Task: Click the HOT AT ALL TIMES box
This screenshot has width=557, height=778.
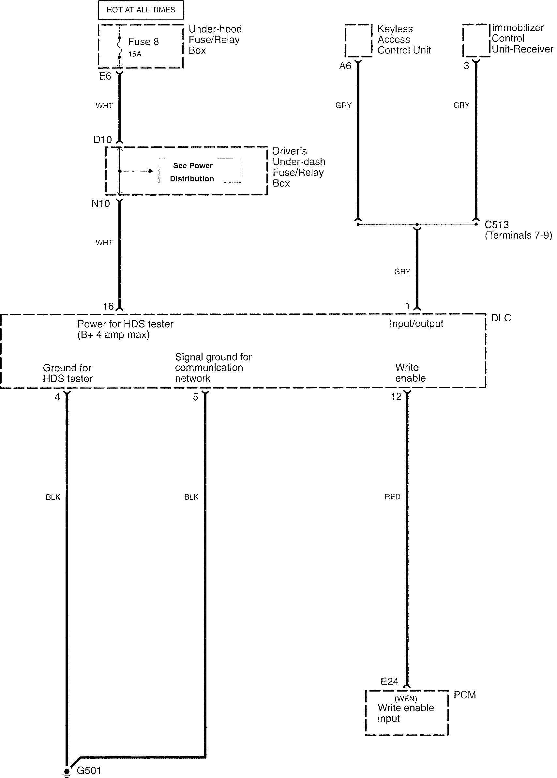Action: pyautogui.click(x=141, y=9)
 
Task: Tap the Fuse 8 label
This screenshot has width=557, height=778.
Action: pyautogui.click(x=143, y=42)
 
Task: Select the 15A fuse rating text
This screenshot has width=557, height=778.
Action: pyautogui.click(x=135, y=54)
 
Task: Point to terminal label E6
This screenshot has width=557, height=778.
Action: pyautogui.click(x=105, y=76)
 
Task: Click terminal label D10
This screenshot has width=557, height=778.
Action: pyautogui.click(x=102, y=140)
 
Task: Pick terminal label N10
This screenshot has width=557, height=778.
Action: pyautogui.click(x=100, y=204)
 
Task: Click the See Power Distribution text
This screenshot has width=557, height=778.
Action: pyautogui.click(x=192, y=172)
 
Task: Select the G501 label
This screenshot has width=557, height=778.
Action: pyautogui.click(x=89, y=771)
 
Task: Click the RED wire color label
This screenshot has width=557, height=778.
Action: pyautogui.click(x=392, y=497)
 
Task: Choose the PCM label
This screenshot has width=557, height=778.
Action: pyautogui.click(x=465, y=695)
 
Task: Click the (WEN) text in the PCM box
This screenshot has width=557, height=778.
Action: pyautogui.click(x=406, y=699)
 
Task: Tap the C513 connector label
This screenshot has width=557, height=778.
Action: pyautogui.click(x=497, y=225)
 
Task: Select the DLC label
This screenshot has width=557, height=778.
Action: pyautogui.click(x=501, y=318)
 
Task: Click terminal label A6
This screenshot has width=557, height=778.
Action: pyautogui.click(x=345, y=66)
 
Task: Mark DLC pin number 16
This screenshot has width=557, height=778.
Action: pyautogui.click(x=108, y=306)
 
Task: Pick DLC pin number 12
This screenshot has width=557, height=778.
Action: pyautogui.click(x=396, y=397)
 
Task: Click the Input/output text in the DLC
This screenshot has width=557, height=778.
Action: pyautogui.click(x=416, y=324)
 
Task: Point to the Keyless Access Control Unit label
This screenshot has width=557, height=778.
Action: pyautogui.click(x=404, y=39)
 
